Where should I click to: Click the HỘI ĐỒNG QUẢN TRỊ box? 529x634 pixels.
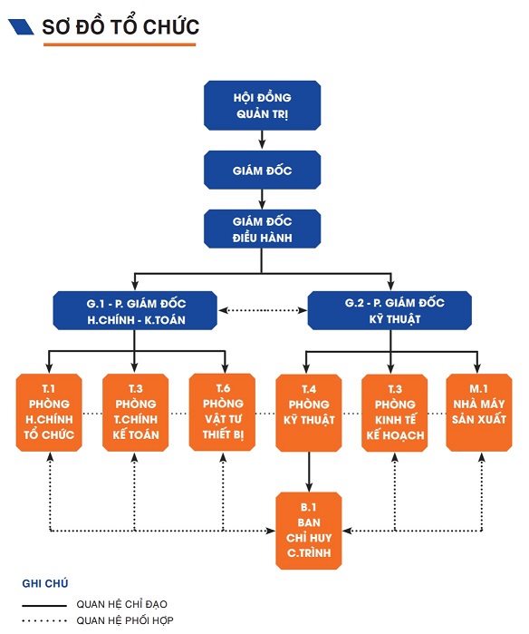(x=262, y=105)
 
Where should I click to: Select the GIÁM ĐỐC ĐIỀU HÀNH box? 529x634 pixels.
(x=262, y=229)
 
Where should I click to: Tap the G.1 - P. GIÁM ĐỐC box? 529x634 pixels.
(x=135, y=310)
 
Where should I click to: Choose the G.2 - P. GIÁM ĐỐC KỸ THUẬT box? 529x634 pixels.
(x=390, y=310)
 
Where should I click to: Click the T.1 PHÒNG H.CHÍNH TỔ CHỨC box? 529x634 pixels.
(x=49, y=413)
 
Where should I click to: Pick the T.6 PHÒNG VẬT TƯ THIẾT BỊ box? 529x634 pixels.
(x=222, y=412)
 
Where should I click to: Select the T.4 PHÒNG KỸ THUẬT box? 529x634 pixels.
(x=309, y=413)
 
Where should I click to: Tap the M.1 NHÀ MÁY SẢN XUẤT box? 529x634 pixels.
(x=479, y=413)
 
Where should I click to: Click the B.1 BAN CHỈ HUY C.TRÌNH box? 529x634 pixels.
(x=309, y=531)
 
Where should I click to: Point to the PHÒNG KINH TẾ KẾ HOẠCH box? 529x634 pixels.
(x=395, y=413)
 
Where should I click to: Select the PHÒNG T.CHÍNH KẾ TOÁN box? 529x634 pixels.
(x=135, y=413)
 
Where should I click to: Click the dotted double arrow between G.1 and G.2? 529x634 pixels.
(x=263, y=310)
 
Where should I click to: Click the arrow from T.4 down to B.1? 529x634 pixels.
(x=309, y=472)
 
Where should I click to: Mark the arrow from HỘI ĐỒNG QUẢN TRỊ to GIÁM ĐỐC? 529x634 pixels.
(x=262, y=140)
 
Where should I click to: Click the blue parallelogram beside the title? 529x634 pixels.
(x=21, y=26)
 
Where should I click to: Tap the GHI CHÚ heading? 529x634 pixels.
(x=45, y=583)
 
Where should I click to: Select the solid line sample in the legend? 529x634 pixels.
(x=44, y=606)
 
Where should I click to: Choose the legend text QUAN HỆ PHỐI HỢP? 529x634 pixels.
(x=125, y=620)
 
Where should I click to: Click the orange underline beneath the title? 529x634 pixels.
(x=120, y=44)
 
